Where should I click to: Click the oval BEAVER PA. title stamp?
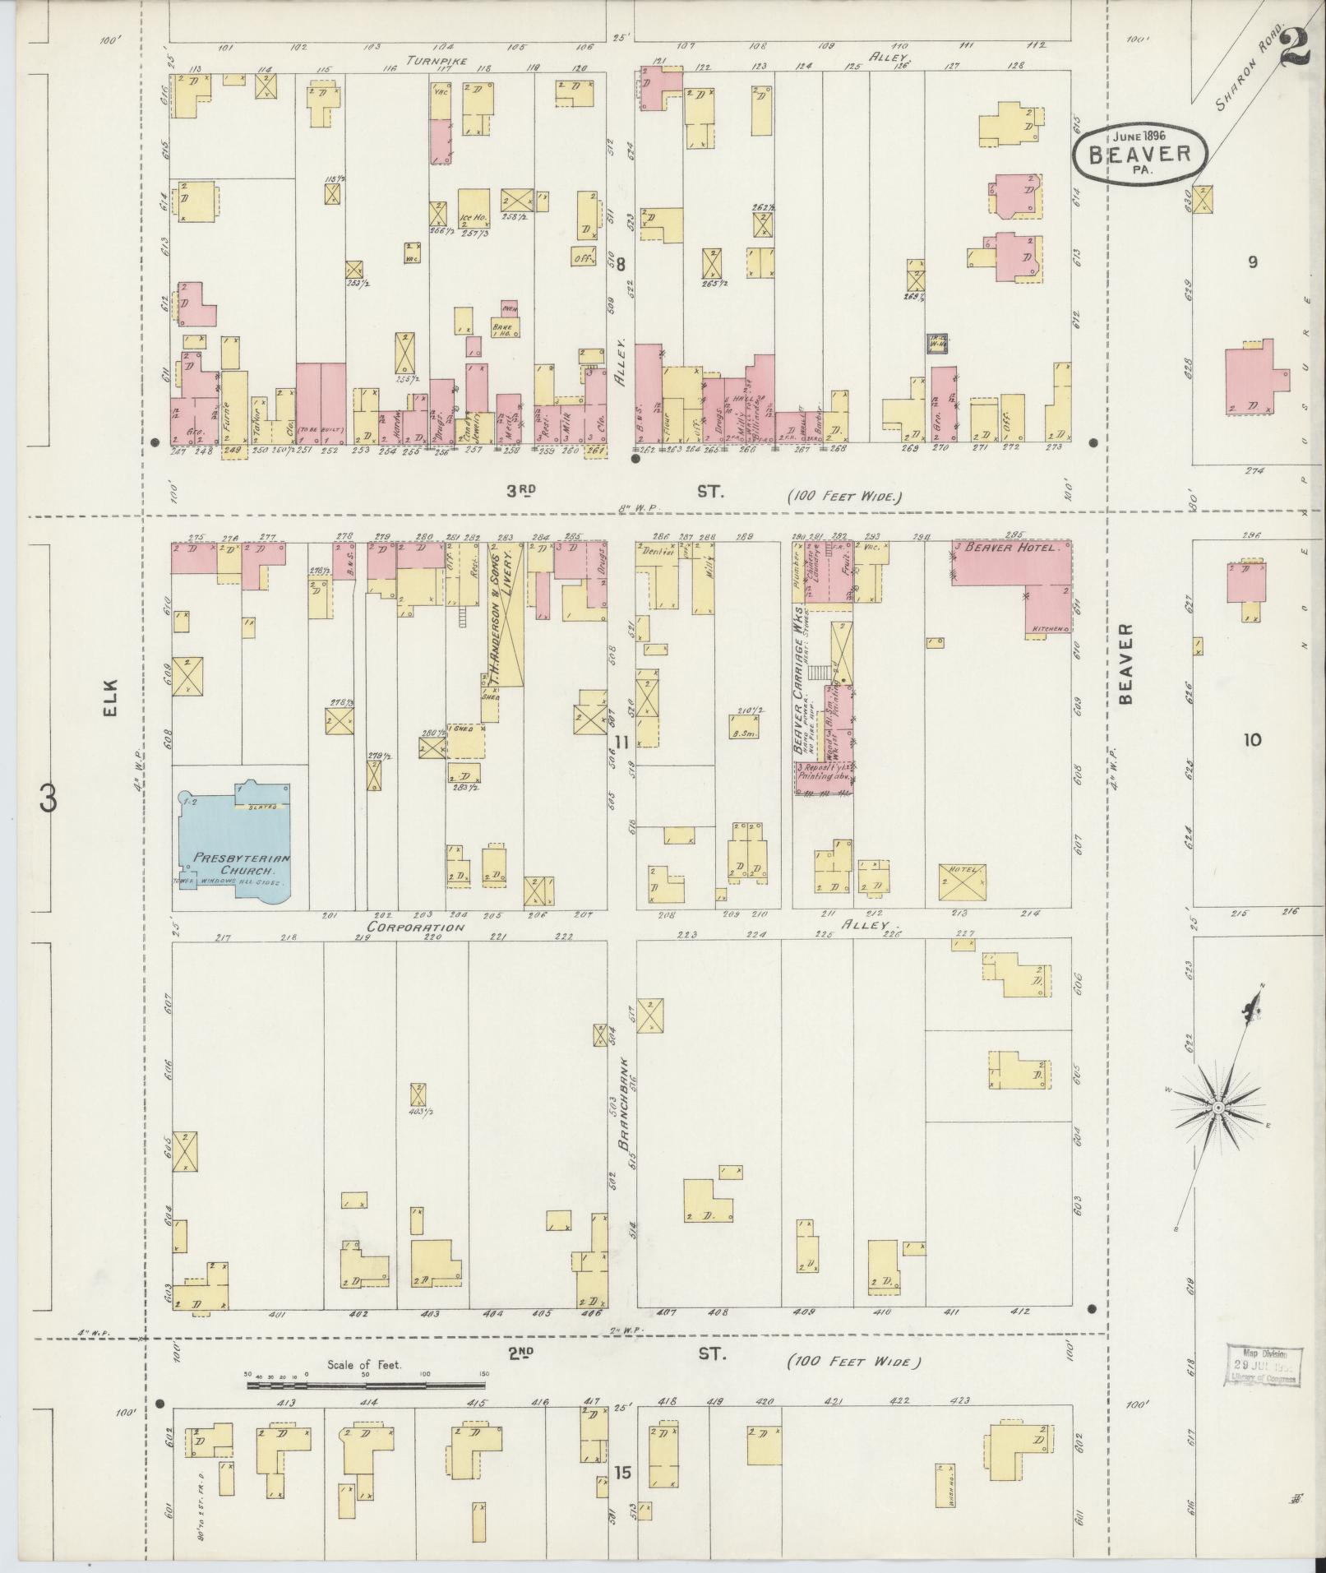[x=1139, y=153]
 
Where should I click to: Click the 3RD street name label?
[x=520, y=491]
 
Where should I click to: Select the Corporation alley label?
[x=416, y=927]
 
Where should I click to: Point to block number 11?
[x=621, y=743]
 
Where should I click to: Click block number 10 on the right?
[x=1251, y=739]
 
